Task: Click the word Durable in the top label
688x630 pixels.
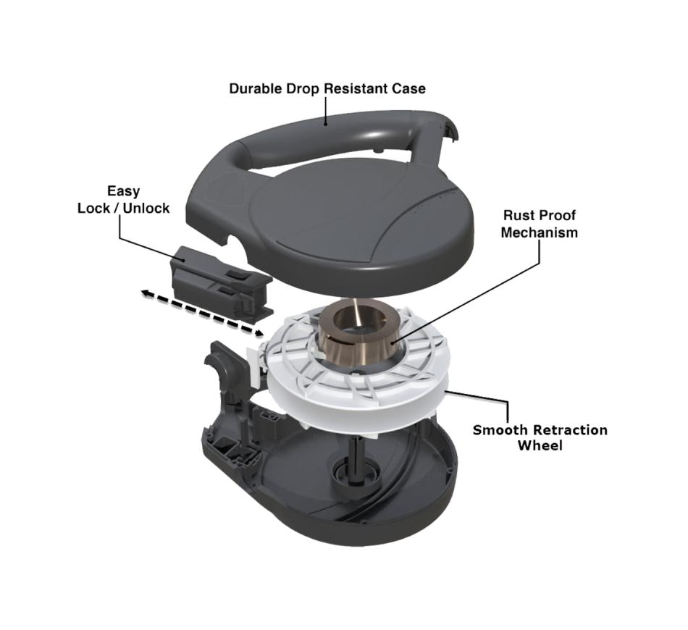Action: (x=256, y=88)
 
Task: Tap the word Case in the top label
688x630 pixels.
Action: (x=409, y=88)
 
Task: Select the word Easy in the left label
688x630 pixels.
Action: (x=124, y=192)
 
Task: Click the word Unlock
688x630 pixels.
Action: (x=146, y=208)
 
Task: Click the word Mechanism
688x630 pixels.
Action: (x=540, y=232)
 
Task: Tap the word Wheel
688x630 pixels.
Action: (x=540, y=446)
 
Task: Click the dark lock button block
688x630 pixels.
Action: (x=222, y=281)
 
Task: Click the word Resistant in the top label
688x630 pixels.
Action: (x=356, y=88)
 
